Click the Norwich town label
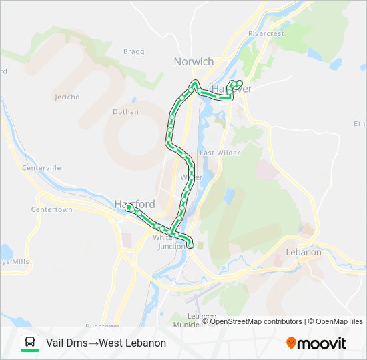[x=194, y=61]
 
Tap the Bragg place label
[x=133, y=51]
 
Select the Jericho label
[x=67, y=97]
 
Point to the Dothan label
[x=125, y=112]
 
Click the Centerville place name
[x=41, y=168]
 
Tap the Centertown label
[x=51, y=209]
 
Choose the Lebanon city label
[x=303, y=253]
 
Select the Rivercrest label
[x=266, y=33]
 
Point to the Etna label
[x=360, y=123]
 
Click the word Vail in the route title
[x=56, y=343]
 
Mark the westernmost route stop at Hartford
[x=128, y=207]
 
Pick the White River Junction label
[x=171, y=242]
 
